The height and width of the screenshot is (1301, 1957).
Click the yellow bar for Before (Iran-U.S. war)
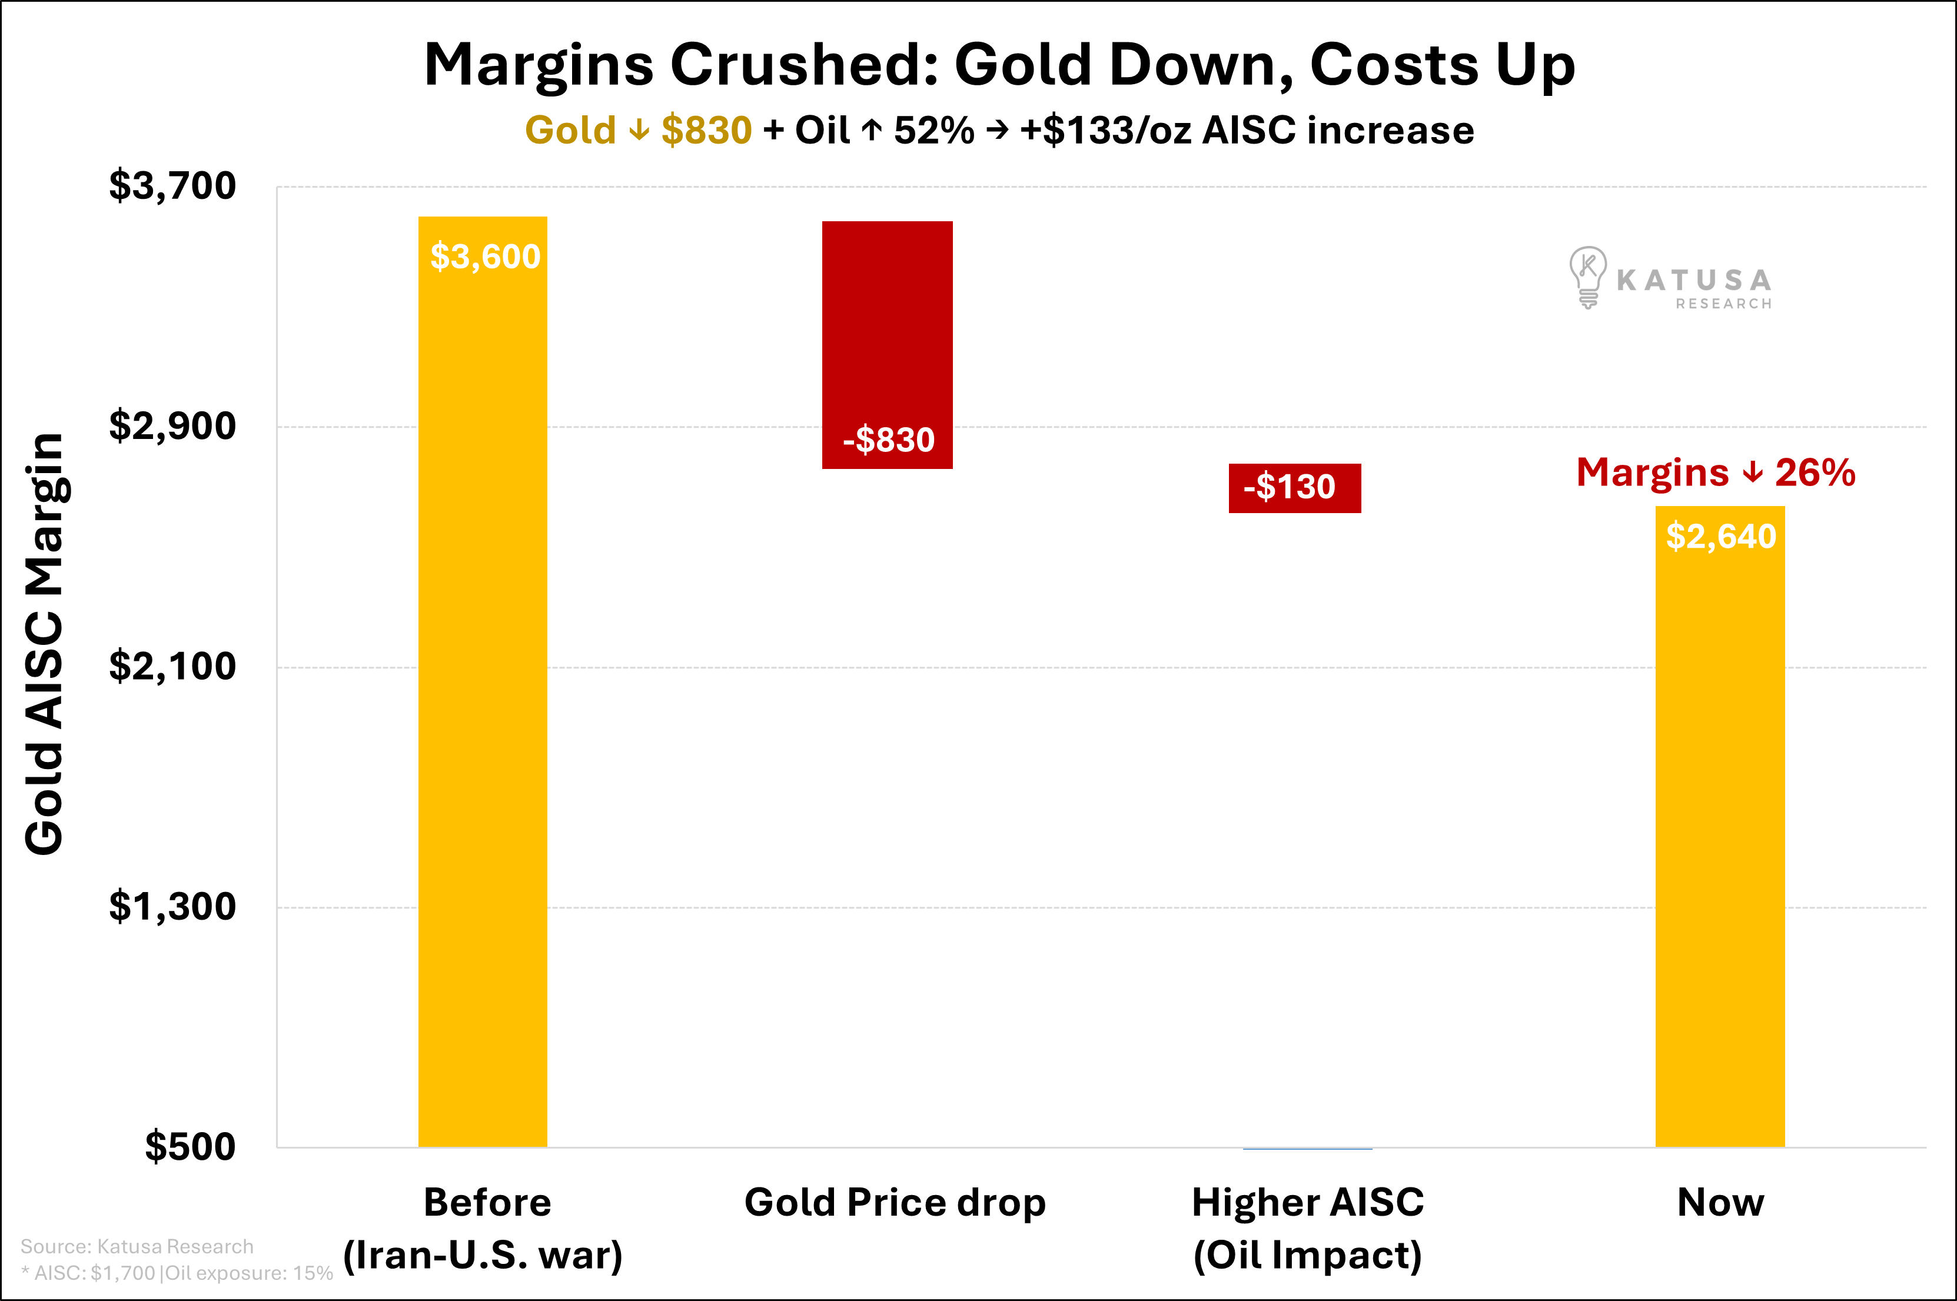[482, 680]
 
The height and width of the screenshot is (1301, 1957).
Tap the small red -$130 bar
[1295, 488]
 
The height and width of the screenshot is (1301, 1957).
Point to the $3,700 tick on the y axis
[172, 186]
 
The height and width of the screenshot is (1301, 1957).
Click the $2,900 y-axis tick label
[172, 427]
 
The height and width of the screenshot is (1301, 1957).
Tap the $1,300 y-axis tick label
[172, 907]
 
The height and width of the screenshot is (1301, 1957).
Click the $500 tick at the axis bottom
[190, 1147]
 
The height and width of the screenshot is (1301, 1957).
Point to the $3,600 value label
[484, 257]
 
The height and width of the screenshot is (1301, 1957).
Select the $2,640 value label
[1720, 537]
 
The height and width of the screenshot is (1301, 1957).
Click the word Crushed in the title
[803, 65]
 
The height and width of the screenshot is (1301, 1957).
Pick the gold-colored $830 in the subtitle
[706, 130]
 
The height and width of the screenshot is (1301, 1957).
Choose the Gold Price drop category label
[895, 1202]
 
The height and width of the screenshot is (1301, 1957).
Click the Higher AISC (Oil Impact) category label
[1307, 1228]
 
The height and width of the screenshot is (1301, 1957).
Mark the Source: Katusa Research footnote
[137, 1246]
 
